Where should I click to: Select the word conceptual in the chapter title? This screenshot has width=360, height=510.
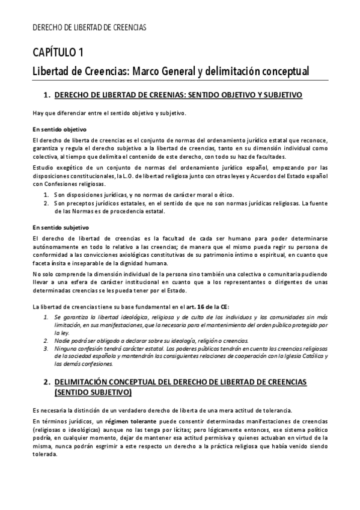[x=280, y=72]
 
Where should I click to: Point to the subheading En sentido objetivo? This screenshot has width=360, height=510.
[x=60, y=129]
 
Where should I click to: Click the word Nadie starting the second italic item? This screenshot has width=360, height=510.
[x=63, y=340]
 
